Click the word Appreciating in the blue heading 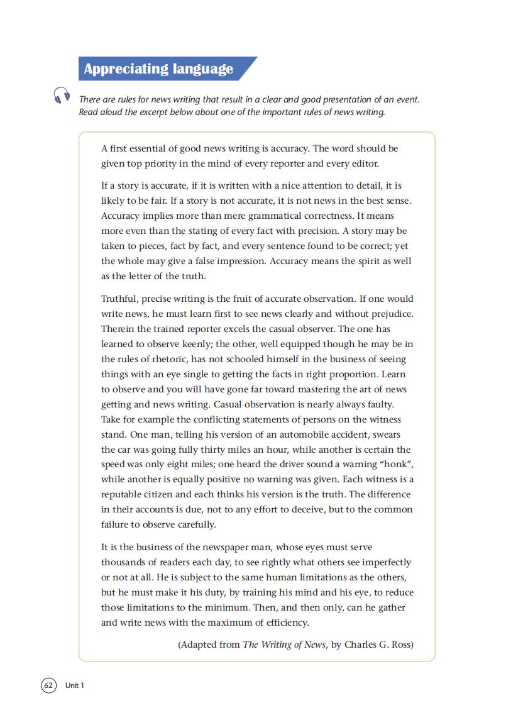click(x=118, y=69)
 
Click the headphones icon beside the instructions click(x=61, y=95)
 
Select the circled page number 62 click(x=48, y=685)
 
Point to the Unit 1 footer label click(x=74, y=685)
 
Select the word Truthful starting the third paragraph click(x=119, y=299)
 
